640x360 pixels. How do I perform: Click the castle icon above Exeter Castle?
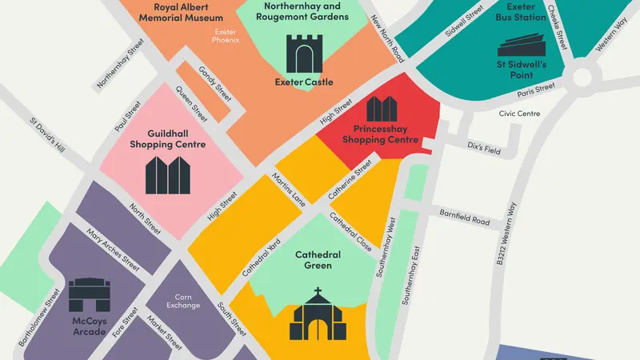306,54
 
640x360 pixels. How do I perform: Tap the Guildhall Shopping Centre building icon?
168,175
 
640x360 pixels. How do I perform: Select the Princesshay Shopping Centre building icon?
382,110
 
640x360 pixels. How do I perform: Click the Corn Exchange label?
182,300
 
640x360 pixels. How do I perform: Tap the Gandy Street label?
214,82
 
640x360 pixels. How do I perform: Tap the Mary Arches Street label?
114,248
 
